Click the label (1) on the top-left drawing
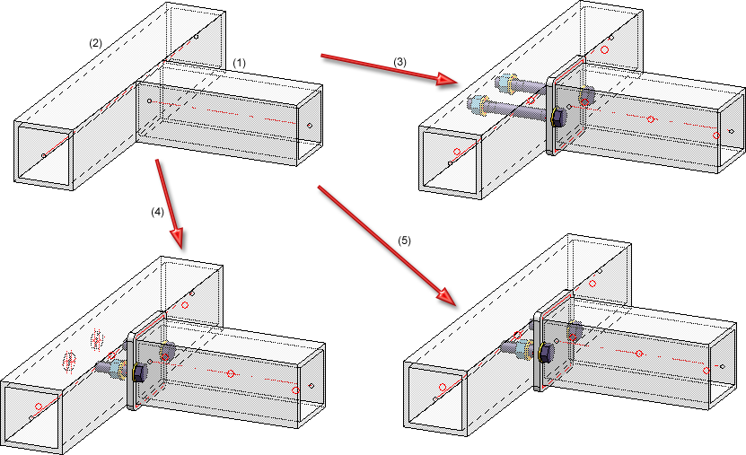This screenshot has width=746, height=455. [x=240, y=63]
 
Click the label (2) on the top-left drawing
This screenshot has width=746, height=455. [x=96, y=42]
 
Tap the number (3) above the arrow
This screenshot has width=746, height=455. [x=400, y=60]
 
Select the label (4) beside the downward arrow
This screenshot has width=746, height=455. [x=159, y=213]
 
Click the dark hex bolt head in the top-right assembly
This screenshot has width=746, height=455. [x=557, y=118]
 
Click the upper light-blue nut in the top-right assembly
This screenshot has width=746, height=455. [x=588, y=93]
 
